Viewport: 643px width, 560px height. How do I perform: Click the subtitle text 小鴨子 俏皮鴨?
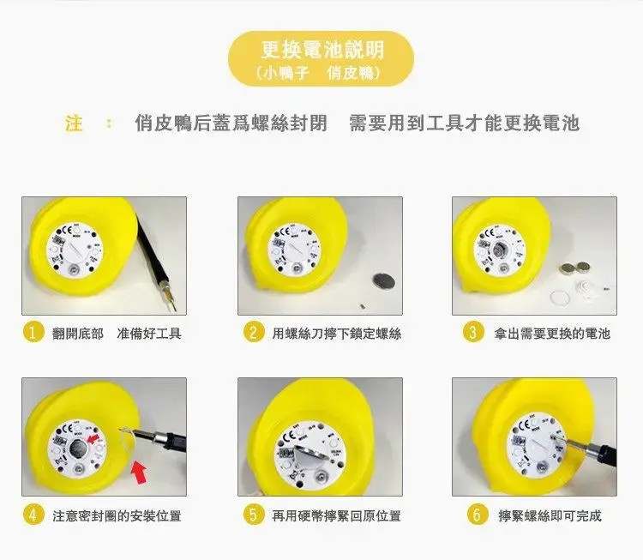coord(321,75)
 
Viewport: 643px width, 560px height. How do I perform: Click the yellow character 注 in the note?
coord(75,123)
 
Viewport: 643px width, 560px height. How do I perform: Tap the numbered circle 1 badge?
coord(33,333)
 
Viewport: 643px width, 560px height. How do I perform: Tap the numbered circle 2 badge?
coord(252,333)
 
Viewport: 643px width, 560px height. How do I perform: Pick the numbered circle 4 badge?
coord(33,515)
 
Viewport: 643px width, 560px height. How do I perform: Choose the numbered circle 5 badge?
coord(252,515)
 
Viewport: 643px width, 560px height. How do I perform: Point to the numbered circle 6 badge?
coord(478,515)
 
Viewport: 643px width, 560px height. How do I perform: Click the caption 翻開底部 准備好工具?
coord(117,334)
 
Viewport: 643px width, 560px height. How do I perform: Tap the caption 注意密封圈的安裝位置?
coord(117,515)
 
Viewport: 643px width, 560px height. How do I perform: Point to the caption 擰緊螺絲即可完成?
coord(550,515)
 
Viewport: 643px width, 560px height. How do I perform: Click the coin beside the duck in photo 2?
coord(380,280)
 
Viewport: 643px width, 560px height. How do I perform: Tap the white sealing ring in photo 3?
coord(559,298)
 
